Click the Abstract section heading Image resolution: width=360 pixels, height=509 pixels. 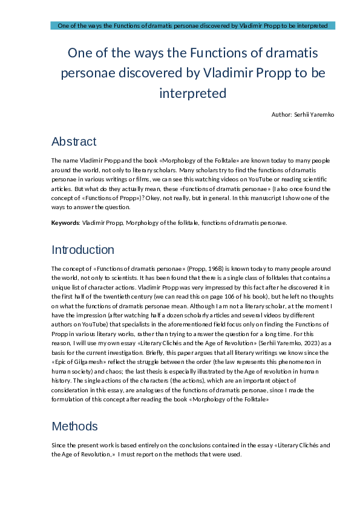74,142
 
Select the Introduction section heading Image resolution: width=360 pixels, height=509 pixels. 83,250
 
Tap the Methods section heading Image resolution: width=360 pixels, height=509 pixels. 74,427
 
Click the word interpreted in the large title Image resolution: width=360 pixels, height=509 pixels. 193,94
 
